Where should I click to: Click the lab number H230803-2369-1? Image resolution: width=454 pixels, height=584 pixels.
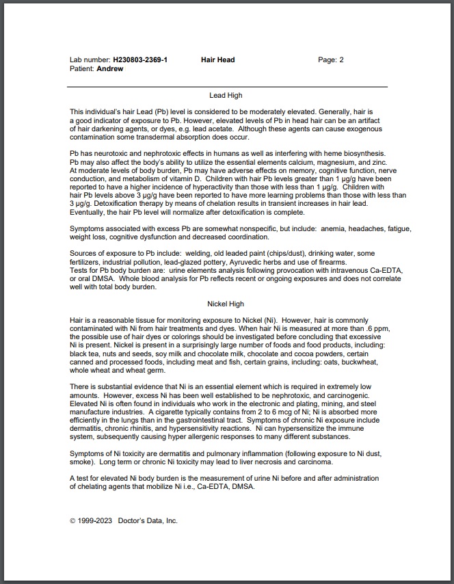click(140, 60)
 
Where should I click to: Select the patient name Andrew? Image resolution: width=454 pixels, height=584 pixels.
click(110, 69)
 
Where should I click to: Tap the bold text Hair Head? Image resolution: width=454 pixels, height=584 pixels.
click(217, 60)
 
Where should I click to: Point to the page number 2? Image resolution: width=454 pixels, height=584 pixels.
click(341, 60)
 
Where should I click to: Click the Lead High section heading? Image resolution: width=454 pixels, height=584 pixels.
click(226, 96)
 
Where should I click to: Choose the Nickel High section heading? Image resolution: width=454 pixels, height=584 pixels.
click(226, 304)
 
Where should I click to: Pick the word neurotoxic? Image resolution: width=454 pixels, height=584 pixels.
click(111, 154)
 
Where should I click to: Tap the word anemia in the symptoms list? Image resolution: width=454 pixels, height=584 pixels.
click(349, 228)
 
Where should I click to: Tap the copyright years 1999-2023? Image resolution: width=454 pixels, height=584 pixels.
click(95, 520)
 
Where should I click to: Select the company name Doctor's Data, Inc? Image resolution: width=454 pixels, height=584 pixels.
click(148, 520)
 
